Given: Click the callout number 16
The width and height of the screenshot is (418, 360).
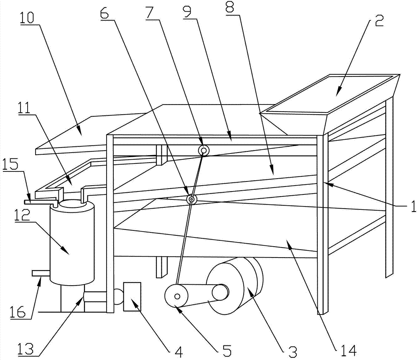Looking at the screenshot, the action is tap(18, 312).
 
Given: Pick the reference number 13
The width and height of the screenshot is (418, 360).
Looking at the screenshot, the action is tap(26, 348).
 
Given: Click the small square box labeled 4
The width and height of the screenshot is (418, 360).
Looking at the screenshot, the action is tap(132, 296).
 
